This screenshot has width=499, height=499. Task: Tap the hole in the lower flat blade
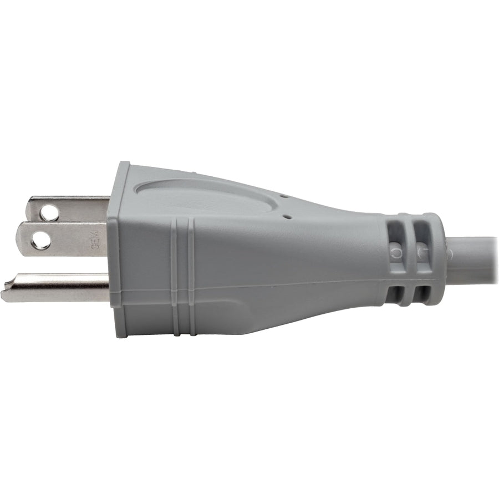click(40, 240)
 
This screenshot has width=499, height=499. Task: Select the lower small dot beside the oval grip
click(287, 217)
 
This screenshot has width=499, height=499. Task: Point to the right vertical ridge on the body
click(191, 277)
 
